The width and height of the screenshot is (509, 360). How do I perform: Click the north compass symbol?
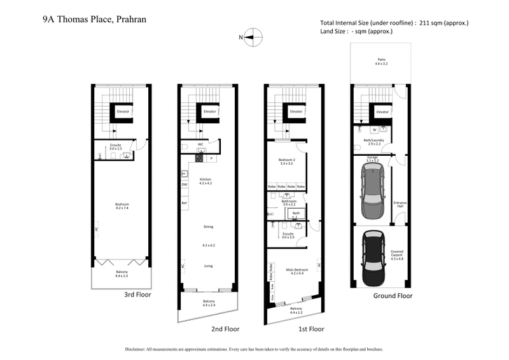click(252, 37)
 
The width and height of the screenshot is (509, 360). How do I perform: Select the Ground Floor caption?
click(392, 296)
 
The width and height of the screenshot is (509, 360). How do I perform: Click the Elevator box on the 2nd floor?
click(210, 111)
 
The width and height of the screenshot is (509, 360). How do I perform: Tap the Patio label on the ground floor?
click(380, 62)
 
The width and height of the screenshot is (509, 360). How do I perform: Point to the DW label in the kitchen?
click(185, 184)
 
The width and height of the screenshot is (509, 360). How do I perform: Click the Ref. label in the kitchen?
click(185, 203)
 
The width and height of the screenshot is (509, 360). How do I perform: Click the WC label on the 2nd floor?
click(200, 143)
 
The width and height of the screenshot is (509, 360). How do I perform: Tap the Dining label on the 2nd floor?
click(208, 226)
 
